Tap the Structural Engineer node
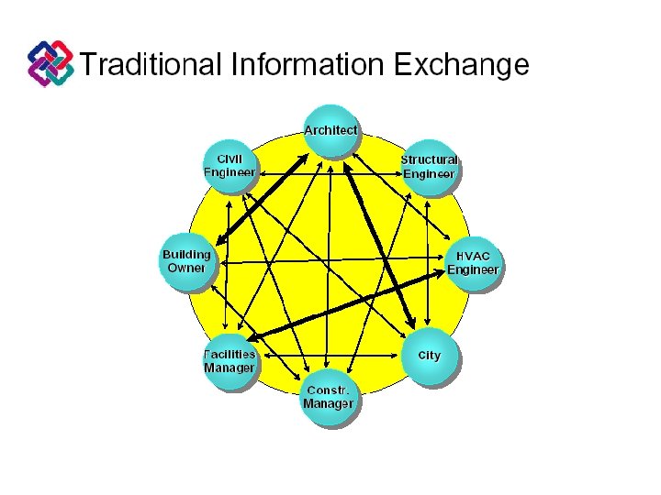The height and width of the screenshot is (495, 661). pyautogui.click(x=429, y=167)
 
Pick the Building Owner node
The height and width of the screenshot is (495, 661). pyautogui.click(x=186, y=262)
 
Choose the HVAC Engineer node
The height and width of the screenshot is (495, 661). pyautogui.click(x=473, y=263)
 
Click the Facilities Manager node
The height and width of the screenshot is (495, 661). pyautogui.click(x=229, y=361)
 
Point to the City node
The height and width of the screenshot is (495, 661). pyautogui.click(x=429, y=357)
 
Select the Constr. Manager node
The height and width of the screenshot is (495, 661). pyautogui.click(x=329, y=398)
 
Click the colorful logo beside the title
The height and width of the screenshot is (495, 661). pyautogui.click(x=50, y=64)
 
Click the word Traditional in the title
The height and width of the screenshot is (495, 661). pyautogui.click(x=151, y=65)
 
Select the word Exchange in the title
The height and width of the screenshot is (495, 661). pyautogui.click(x=461, y=65)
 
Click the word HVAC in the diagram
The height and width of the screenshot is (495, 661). pyautogui.click(x=473, y=256)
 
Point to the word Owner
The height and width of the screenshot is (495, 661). pyautogui.click(x=186, y=269)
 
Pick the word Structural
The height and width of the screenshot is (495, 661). pyautogui.click(x=429, y=159)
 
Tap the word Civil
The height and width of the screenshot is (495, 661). pyautogui.click(x=230, y=158)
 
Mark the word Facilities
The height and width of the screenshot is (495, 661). pyautogui.click(x=230, y=354)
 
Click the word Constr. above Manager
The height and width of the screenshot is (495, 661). pyautogui.click(x=328, y=390)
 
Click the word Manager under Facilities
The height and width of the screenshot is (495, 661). pyautogui.click(x=229, y=368)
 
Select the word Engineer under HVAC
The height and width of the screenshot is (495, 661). pyautogui.click(x=473, y=270)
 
